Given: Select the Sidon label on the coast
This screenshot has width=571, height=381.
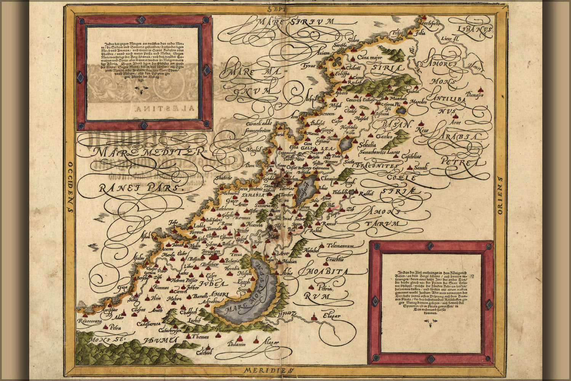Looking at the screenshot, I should click(353, 40).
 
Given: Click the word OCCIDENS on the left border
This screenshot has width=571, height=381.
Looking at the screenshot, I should click(70, 186).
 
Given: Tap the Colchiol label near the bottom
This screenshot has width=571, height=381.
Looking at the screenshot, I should click(204, 352).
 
